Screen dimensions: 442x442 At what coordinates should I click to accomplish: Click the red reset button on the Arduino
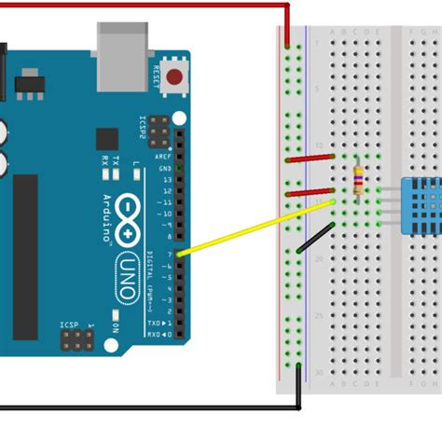pyautogui.click(x=173, y=77)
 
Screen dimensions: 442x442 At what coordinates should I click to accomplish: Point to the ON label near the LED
pyautogui.click(x=115, y=329)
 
